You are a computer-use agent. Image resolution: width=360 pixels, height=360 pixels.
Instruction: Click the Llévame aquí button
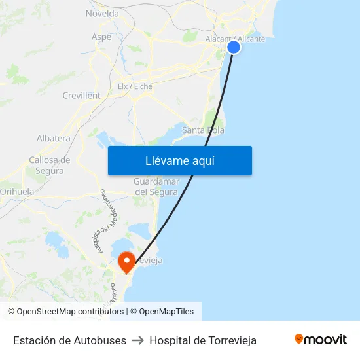click(179, 161)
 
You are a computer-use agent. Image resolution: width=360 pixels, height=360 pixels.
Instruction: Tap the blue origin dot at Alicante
click(234, 47)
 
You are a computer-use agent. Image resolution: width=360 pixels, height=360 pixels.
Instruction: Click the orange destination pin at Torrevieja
click(126, 262)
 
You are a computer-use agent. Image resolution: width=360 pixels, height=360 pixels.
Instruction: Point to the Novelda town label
click(102, 13)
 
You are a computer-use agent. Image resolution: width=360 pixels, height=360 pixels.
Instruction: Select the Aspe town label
click(101, 37)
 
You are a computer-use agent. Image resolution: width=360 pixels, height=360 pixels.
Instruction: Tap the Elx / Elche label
click(135, 86)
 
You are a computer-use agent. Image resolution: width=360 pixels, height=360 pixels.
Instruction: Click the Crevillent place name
click(81, 96)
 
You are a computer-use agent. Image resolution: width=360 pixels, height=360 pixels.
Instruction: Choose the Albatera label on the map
click(54, 139)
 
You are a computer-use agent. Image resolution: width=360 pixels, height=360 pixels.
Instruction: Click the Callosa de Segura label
click(50, 165)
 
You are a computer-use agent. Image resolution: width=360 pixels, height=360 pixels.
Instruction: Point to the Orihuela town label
click(17, 192)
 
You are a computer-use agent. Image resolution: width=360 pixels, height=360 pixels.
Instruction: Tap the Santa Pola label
click(203, 130)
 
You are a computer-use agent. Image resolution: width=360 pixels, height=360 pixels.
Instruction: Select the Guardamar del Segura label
click(156, 187)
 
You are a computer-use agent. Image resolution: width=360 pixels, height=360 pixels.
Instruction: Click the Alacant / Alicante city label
click(235, 39)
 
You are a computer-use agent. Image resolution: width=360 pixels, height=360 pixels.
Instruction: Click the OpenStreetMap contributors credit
click(70, 312)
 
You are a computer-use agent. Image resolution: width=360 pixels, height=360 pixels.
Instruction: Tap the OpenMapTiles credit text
click(166, 312)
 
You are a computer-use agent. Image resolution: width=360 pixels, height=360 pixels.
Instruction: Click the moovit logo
click(320, 340)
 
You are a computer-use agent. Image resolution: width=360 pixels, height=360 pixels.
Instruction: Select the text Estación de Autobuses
click(69, 340)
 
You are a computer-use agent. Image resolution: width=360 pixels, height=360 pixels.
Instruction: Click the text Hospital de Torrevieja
click(203, 340)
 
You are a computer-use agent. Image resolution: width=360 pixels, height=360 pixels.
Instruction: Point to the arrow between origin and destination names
click(137, 340)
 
